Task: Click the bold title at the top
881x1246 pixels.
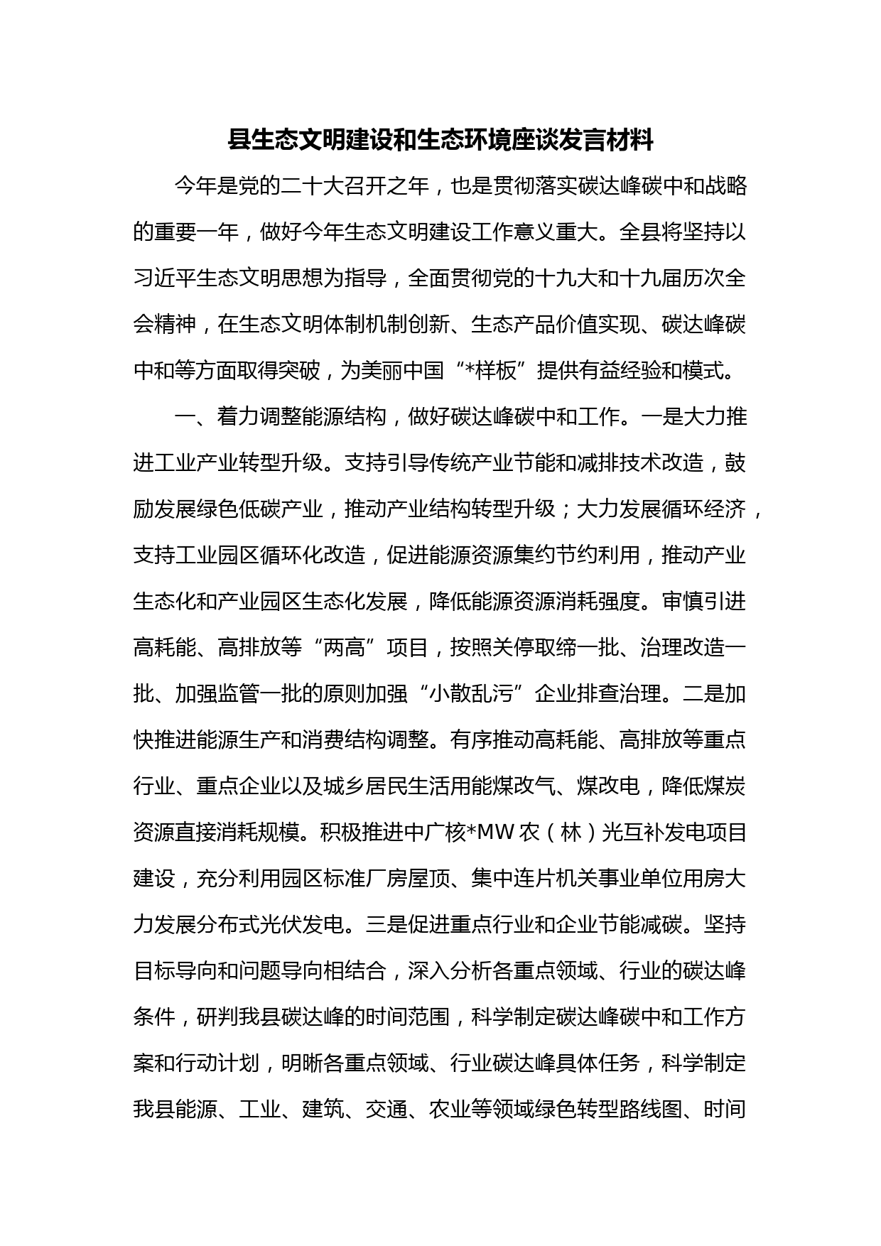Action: point(440,141)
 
